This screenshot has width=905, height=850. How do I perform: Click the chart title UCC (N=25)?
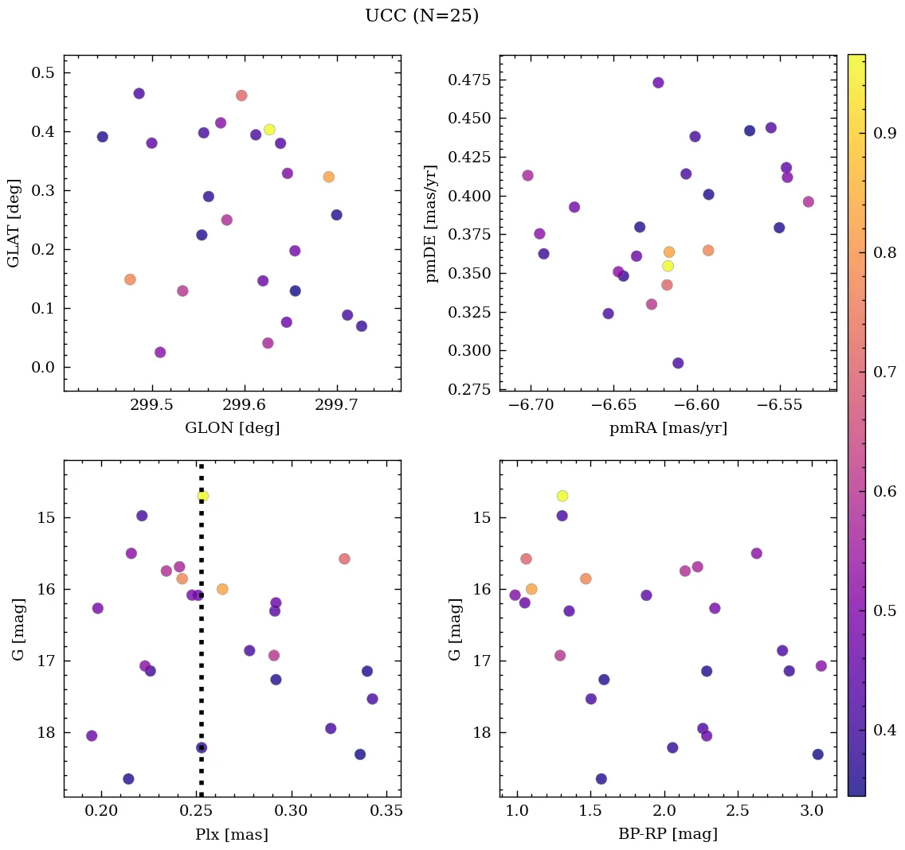(x=421, y=16)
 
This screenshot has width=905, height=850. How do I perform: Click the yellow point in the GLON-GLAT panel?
(x=269, y=130)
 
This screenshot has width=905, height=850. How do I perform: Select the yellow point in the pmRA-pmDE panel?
(x=668, y=266)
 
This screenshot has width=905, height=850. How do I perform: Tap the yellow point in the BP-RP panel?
(x=562, y=496)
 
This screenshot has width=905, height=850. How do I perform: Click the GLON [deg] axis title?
(x=232, y=428)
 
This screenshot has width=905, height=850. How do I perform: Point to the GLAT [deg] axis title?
(x=14, y=223)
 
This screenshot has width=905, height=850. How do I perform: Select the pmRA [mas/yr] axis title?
(x=668, y=428)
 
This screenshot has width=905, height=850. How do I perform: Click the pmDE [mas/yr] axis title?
(x=431, y=223)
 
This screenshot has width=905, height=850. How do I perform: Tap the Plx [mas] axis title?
(x=232, y=834)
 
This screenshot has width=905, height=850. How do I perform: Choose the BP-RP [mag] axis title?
(x=668, y=834)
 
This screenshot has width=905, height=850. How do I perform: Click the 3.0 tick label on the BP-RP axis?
(x=812, y=812)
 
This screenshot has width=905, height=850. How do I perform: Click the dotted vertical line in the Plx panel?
(x=201, y=637)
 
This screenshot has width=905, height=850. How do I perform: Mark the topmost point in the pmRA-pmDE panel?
(x=658, y=83)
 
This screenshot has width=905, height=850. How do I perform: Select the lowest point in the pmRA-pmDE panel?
(x=678, y=363)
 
